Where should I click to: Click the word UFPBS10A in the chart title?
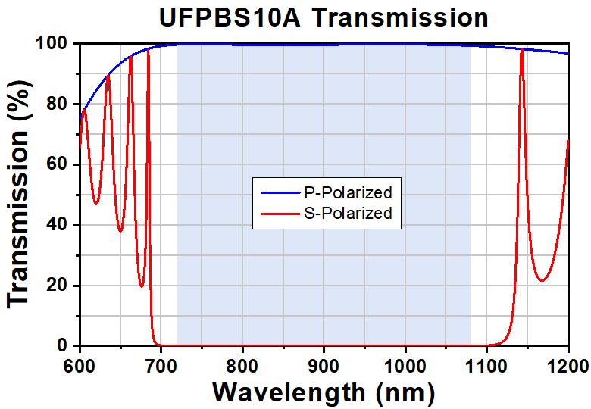(x=230, y=17)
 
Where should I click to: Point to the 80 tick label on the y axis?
(x=61, y=105)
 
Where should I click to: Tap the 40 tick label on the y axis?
(x=61, y=225)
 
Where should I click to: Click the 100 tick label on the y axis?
(x=56, y=44)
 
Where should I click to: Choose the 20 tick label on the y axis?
(x=61, y=286)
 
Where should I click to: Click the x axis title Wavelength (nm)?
(x=324, y=392)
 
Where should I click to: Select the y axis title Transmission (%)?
(x=20, y=195)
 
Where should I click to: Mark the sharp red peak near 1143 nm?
(x=521, y=50)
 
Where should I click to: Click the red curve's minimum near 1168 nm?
(x=542, y=281)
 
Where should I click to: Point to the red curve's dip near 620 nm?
(x=95, y=204)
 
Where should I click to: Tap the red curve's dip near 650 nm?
(x=120, y=231)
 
